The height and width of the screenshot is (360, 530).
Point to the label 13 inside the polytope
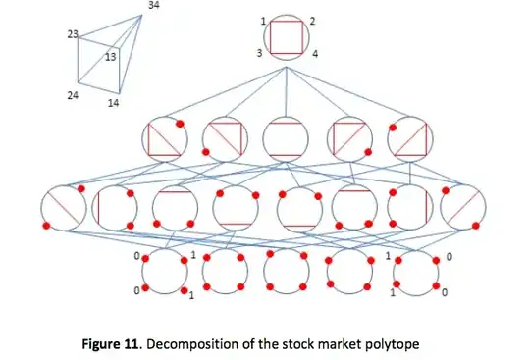click(111, 57)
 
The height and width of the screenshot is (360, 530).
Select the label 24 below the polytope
click(72, 96)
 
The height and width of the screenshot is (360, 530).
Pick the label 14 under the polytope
click(116, 102)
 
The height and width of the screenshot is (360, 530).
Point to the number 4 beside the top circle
click(315, 55)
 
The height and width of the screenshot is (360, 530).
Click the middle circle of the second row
click(285, 139)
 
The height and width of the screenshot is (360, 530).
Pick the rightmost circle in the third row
click(462, 209)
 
